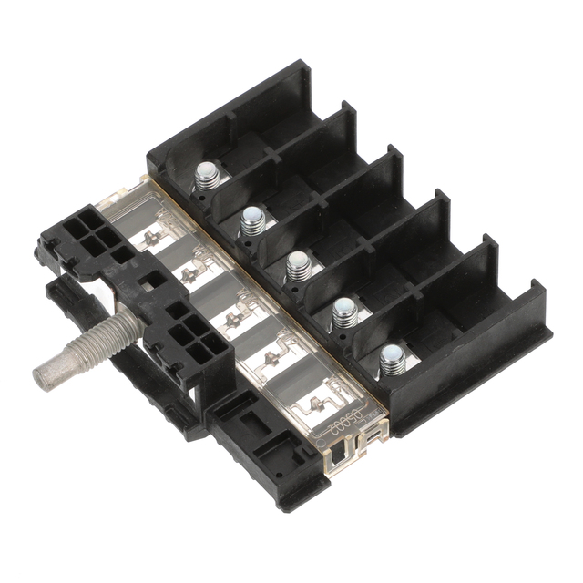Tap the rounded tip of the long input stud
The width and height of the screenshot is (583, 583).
(44, 375)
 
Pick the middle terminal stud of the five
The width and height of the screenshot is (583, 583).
(298, 266)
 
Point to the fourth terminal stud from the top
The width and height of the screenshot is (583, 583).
(344, 312)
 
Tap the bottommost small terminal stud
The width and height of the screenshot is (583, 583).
(393, 361)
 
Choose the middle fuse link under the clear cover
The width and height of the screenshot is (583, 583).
(235, 319)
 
